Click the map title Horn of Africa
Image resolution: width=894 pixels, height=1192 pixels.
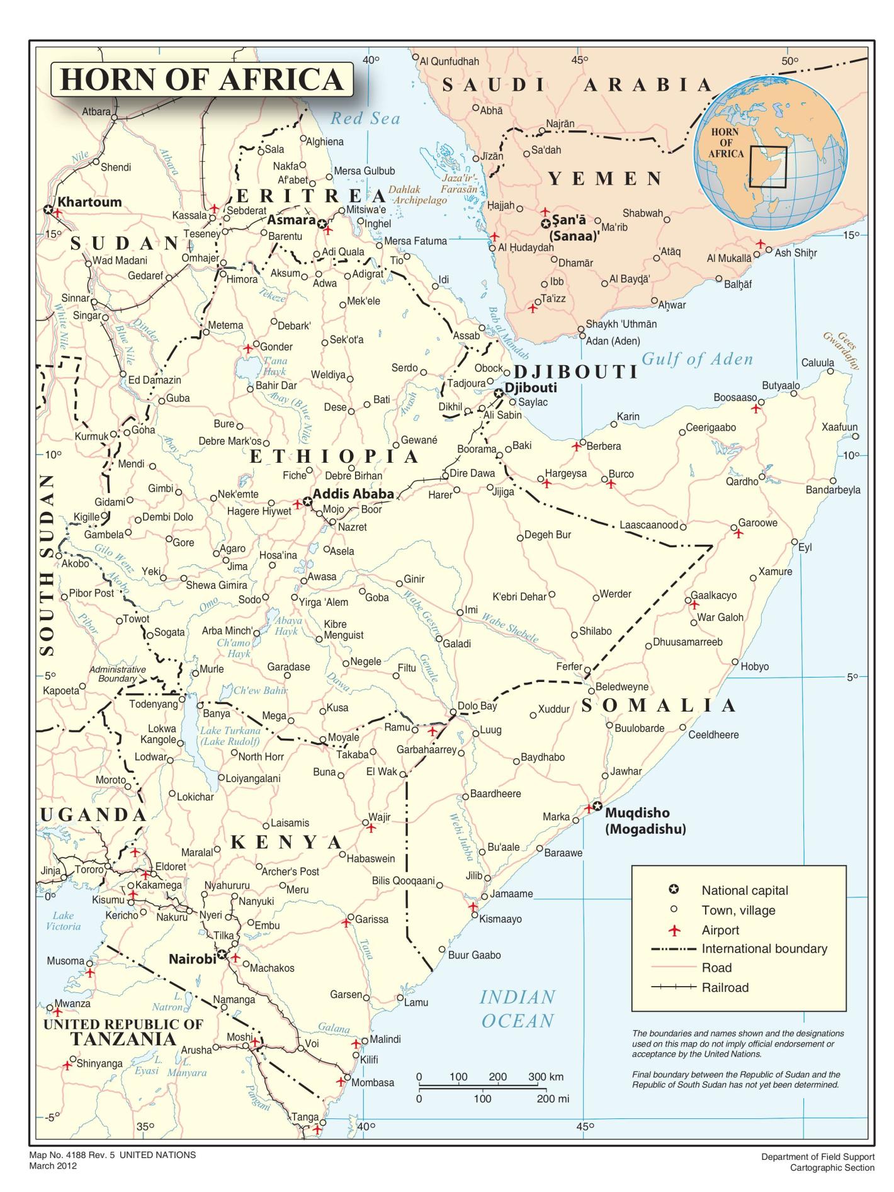tap(201, 80)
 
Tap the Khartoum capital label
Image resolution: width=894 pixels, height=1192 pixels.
tap(89, 202)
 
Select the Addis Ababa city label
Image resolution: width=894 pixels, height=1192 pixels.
tap(353, 494)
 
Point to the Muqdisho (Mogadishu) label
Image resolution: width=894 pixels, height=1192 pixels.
tap(645, 821)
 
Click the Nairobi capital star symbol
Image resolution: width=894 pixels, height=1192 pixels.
tap(222, 955)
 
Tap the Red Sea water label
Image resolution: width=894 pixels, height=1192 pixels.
tap(365, 118)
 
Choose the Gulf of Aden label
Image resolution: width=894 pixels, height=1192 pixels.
tap(697, 360)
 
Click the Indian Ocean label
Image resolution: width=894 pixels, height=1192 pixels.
tap(518, 1009)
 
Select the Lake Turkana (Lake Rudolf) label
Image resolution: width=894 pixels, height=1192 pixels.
tap(230, 736)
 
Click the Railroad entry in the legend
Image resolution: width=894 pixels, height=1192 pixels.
tap(725, 987)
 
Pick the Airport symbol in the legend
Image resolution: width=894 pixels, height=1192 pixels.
tap(674, 930)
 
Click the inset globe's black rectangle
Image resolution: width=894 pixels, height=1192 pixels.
tap(767, 167)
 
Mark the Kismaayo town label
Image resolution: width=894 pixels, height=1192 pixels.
tap(501, 919)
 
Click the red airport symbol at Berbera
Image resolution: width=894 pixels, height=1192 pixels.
tap(575, 446)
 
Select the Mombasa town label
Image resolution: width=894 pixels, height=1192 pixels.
tap(373, 1082)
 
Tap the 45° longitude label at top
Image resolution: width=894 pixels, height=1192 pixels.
tap(580, 60)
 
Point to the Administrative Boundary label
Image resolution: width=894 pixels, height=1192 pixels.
tap(117, 674)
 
